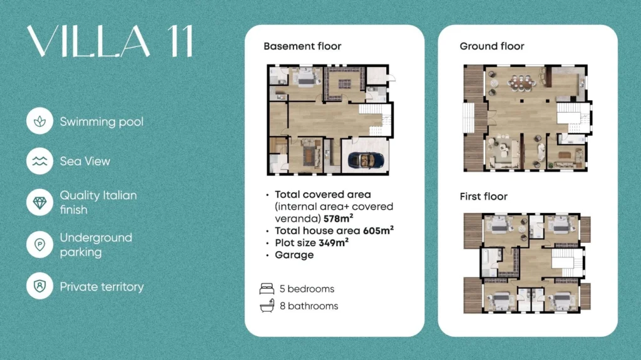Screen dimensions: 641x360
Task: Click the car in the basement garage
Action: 366,160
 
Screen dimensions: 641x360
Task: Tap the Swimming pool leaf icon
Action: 39,121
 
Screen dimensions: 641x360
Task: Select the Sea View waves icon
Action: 39,161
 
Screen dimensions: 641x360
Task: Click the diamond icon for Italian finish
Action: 39,202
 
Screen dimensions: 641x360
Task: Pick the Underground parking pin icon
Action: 39,245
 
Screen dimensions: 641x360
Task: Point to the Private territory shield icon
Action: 39,285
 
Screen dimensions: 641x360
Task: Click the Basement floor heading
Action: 302,46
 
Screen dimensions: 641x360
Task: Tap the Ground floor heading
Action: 492,46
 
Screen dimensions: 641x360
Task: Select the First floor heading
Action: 484,197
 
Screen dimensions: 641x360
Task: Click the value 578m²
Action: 338,218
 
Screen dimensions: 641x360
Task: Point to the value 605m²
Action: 378,230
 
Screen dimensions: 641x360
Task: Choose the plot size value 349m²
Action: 334,242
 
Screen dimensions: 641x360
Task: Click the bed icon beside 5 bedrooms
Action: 267,289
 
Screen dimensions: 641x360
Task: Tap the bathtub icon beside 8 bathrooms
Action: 267,306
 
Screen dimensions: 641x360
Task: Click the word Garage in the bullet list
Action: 294,255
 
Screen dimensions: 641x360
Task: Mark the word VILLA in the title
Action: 88,41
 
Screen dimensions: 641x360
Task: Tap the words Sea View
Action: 85,161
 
